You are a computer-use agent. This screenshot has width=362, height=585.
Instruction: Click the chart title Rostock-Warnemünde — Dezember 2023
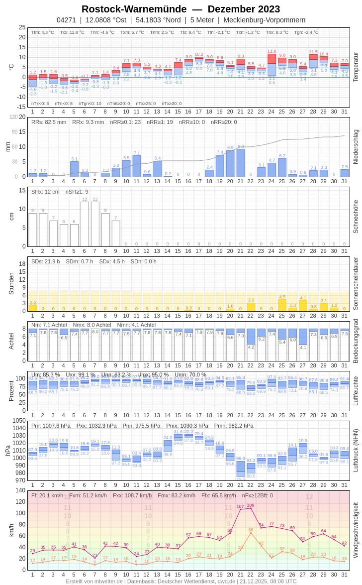click(181, 9)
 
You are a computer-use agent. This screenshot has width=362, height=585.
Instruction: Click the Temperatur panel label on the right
click(356, 67)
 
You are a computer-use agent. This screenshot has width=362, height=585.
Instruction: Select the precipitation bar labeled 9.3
click(241, 163)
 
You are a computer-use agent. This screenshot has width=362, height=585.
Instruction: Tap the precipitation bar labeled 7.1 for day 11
click(137, 166)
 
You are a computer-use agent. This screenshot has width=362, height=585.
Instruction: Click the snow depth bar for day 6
click(85, 224)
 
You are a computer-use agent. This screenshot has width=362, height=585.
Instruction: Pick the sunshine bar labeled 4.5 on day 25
click(282, 305)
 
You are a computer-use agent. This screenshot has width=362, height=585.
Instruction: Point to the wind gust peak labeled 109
click(251, 505)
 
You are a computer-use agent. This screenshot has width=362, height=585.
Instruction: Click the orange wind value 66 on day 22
click(251, 530)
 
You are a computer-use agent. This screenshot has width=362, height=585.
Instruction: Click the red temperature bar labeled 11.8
click(271, 58)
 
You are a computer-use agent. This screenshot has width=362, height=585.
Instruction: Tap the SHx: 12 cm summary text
click(45, 192)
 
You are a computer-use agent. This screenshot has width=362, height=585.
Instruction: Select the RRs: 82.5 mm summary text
click(49, 122)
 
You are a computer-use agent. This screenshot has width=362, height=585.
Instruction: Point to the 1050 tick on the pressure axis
click(19, 421)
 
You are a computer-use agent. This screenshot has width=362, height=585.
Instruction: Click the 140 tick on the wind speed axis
click(20, 490)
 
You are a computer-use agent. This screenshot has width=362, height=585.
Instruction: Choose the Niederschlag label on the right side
click(356, 147)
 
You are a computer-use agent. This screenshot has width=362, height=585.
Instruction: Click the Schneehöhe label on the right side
click(356, 217)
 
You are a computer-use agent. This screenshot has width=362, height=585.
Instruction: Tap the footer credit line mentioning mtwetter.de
click(181, 581)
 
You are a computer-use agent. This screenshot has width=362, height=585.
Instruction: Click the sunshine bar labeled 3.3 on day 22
click(251, 307)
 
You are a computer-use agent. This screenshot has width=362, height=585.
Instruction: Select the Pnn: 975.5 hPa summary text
click(142, 426)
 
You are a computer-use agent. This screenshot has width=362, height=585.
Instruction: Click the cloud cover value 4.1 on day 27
click(303, 347)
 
